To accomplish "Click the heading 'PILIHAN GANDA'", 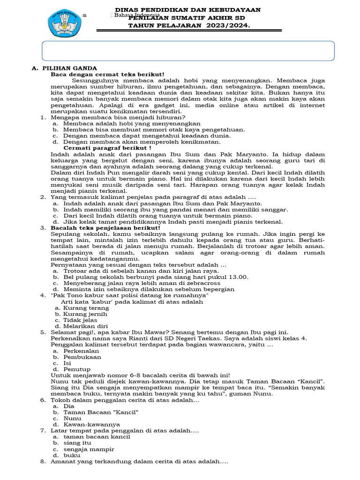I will click(x=69, y=68).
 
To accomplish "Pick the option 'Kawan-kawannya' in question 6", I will click(x=91, y=424).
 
